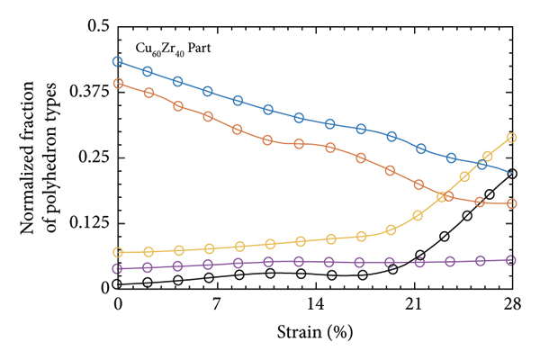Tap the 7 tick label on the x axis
(x=217, y=304)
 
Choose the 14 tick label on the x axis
(x=315, y=304)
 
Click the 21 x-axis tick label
(x=414, y=304)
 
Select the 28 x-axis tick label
(x=512, y=304)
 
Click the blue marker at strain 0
(x=118, y=62)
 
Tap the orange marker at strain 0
(x=118, y=84)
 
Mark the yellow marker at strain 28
(x=512, y=138)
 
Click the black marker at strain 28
(x=512, y=174)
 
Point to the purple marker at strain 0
(x=118, y=268)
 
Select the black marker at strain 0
(x=118, y=284)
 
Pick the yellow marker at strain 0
(x=118, y=252)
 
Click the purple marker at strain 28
(x=512, y=260)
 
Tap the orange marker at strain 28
(x=512, y=203)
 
